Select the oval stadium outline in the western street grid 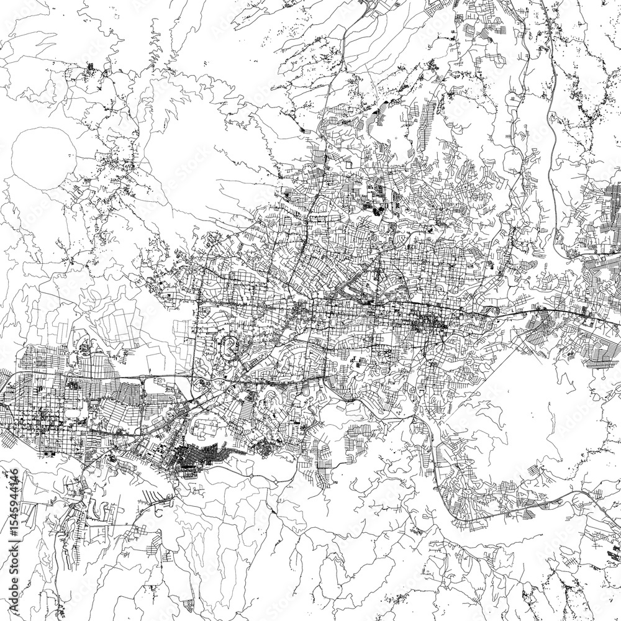click(78, 410)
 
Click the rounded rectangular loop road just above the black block click(208, 428)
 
